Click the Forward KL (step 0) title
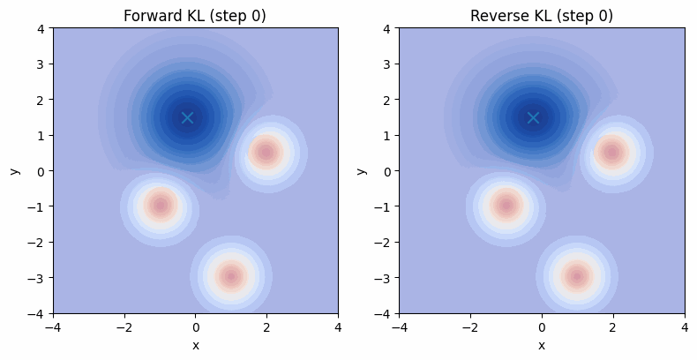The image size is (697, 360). pos(195,16)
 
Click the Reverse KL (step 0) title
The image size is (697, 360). pos(542,16)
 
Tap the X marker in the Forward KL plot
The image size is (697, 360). pos(187,117)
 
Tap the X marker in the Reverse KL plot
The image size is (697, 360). pos(533,117)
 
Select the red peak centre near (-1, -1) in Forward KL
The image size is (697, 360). pos(160,206)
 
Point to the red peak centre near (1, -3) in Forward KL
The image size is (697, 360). pos(231,277)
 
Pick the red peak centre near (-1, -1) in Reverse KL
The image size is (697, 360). pos(506,206)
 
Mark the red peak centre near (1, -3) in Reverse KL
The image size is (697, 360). pos(577,277)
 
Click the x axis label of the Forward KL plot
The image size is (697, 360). pos(195,345)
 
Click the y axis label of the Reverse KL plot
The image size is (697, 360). pos(362,170)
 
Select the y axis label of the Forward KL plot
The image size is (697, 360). pos(16,170)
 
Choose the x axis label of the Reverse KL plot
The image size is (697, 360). pos(542,345)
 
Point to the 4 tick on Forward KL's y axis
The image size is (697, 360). pos(41,28)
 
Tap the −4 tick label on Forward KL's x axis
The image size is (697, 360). pos(53,326)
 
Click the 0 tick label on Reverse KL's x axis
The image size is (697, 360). pos(542,326)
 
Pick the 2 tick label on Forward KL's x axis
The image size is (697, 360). pos(266,326)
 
